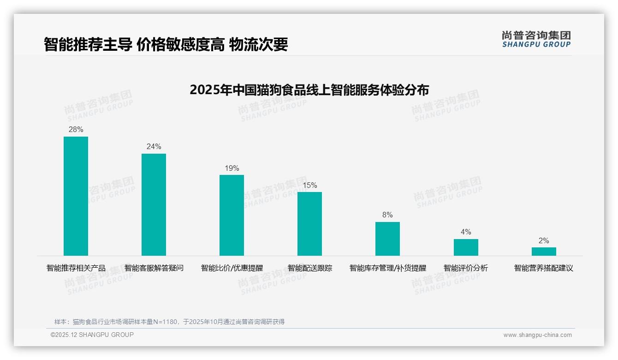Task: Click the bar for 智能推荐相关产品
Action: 76,196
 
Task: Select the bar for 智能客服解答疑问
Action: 154,204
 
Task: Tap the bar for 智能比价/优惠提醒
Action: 232,215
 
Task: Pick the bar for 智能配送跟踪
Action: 309,224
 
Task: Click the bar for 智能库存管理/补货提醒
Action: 387,239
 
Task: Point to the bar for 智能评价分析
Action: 466,247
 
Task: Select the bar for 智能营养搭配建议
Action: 544,252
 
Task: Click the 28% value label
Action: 76,130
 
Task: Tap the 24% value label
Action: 154,147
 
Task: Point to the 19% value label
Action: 232,168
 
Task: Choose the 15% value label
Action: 309,186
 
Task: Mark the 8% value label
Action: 387,215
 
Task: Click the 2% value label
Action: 544,241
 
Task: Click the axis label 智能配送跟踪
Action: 309,268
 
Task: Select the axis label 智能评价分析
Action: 466,268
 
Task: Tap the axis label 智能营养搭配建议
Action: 544,268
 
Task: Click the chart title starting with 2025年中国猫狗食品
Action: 309,90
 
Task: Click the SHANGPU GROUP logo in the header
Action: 536,39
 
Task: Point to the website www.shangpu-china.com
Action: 537,335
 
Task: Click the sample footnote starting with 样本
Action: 169,322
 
